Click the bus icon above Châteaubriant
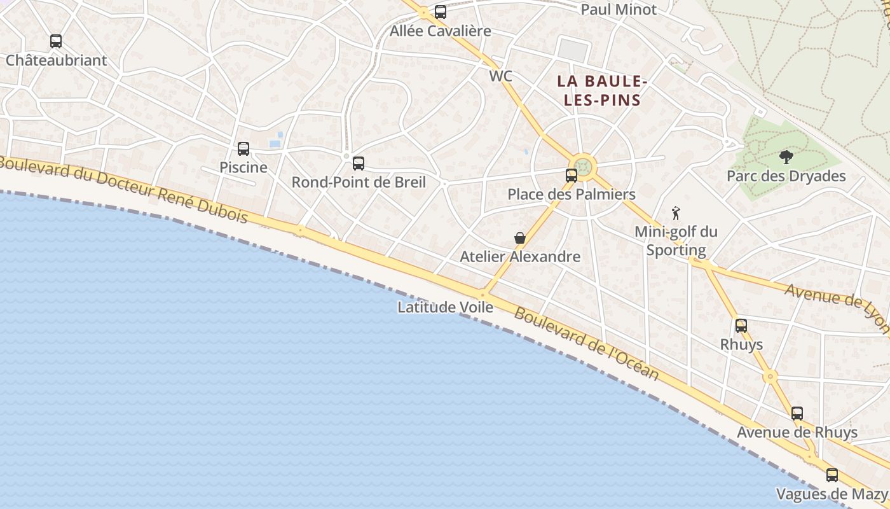[x=56, y=41]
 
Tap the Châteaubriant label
[x=56, y=60]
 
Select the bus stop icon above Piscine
[x=243, y=149]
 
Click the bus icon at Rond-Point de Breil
[x=359, y=164]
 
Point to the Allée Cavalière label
[x=441, y=31]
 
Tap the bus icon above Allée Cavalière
[x=441, y=11]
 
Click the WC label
[x=501, y=76]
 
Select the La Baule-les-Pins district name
[x=602, y=90]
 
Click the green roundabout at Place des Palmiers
[x=584, y=167]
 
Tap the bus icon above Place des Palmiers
[x=572, y=176]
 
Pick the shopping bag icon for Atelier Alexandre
[x=520, y=238]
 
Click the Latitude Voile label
[x=445, y=307]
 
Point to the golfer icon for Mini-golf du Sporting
[x=676, y=213]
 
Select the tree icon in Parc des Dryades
[x=786, y=157]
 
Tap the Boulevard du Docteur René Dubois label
[x=124, y=189]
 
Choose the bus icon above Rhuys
[x=741, y=326]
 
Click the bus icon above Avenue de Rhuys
[x=797, y=414]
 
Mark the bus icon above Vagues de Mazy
[x=832, y=475]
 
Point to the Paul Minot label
[x=619, y=10]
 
